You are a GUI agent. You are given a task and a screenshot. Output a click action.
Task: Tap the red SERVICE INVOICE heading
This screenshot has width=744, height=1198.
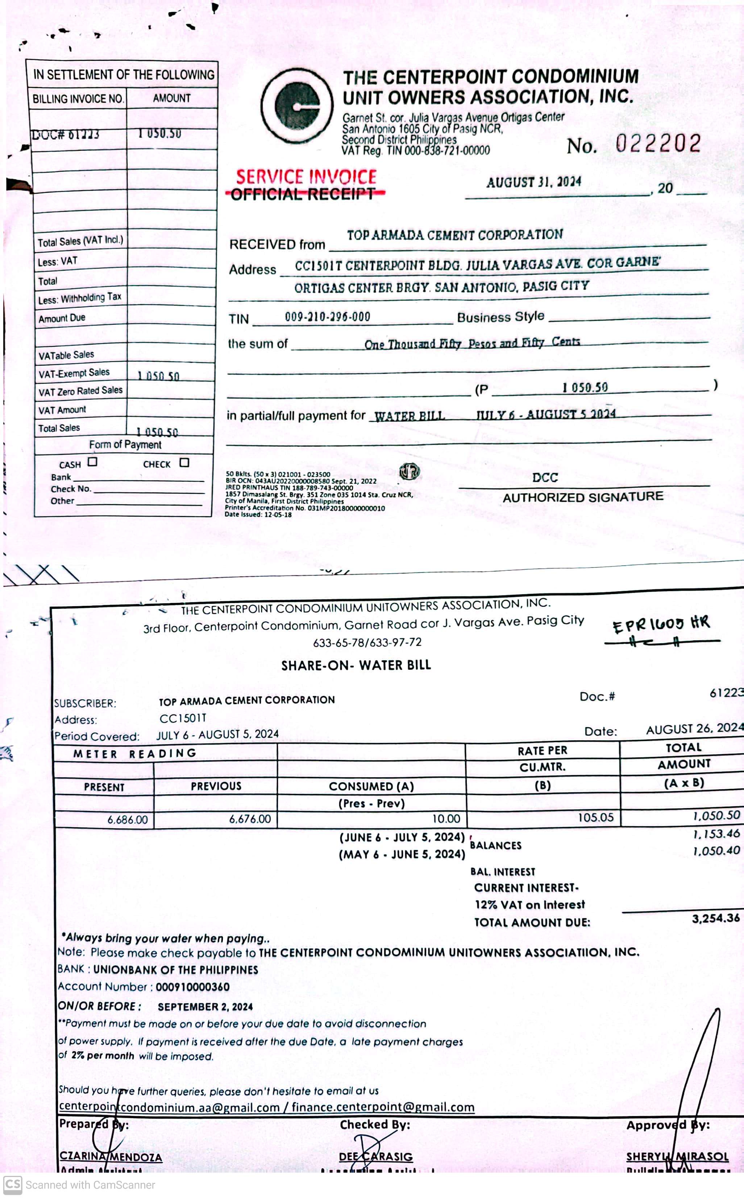click(x=306, y=177)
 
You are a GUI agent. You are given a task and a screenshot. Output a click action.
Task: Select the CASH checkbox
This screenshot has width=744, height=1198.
click(x=92, y=462)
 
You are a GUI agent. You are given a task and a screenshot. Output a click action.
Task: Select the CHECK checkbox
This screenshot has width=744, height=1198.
click(x=184, y=462)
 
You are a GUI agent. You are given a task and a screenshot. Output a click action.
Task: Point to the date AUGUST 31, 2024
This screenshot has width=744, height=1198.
click(x=533, y=182)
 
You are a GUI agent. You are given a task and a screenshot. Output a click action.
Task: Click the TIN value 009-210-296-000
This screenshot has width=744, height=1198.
click(x=327, y=317)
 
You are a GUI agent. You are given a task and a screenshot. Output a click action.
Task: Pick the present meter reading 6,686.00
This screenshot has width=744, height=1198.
click(x=128, y=820)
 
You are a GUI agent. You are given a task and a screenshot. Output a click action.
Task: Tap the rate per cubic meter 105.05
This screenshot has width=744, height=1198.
click(x=595, y=818)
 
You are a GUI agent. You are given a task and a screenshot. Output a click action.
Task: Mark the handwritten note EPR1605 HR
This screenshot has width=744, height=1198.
click(x=661, y=624)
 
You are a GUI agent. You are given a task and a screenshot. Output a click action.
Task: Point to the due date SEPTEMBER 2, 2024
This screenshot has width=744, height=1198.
click(x=205, y=1007)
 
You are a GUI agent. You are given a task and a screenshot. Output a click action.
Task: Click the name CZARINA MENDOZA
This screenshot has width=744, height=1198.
click(x=111, y=1157)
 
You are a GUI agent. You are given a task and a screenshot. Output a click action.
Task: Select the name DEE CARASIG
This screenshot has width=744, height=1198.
click(x=376, y=1157)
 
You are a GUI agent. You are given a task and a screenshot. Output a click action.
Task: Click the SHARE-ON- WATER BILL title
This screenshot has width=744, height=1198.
click(x=356, y=666)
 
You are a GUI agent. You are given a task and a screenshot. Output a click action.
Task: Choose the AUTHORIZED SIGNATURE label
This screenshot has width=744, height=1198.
click(x=583, y=498)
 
